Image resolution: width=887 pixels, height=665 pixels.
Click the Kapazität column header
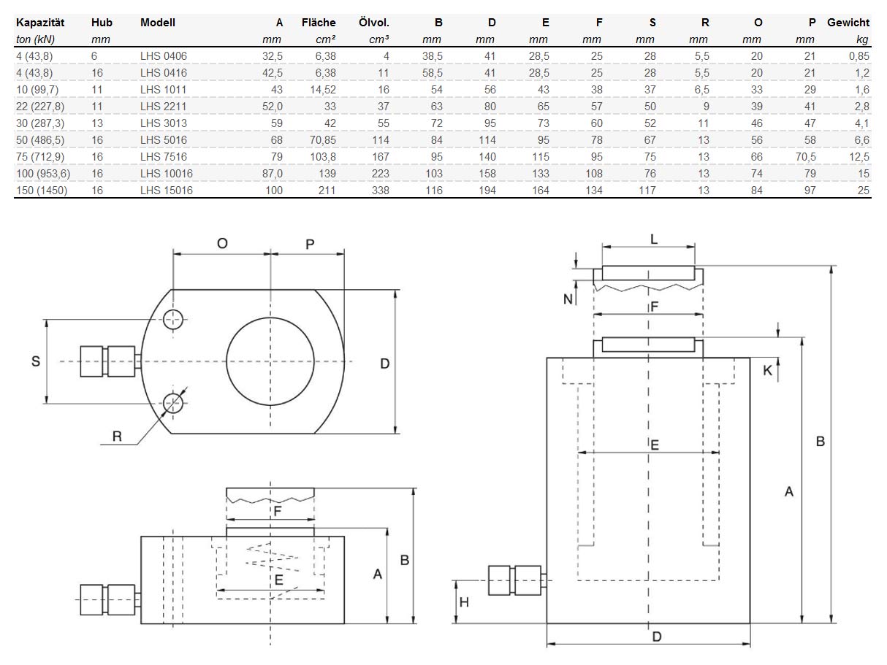click(40, 23)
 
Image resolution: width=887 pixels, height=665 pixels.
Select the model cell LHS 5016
click(164, 139)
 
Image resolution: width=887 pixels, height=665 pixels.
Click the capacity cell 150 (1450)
click(42, 190)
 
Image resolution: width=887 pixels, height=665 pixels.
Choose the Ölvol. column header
click(374, 23)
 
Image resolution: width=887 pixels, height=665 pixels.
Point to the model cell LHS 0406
click(164, 55)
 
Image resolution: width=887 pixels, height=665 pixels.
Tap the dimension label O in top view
click(222, 244)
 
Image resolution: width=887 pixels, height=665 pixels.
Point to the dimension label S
click(35, 361)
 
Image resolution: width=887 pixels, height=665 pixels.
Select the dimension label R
click(117, 437)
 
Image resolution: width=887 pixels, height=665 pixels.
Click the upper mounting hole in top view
click(173, 319)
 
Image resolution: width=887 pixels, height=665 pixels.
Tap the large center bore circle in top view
click(270, 361)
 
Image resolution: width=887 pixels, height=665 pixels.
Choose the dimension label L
click(654, 239)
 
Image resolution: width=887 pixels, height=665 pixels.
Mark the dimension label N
click(568, 298)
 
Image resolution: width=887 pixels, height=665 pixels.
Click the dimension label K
click(767, 370)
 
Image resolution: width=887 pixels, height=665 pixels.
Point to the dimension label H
click(464, 602)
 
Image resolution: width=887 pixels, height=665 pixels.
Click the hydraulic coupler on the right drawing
click(515, 580)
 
